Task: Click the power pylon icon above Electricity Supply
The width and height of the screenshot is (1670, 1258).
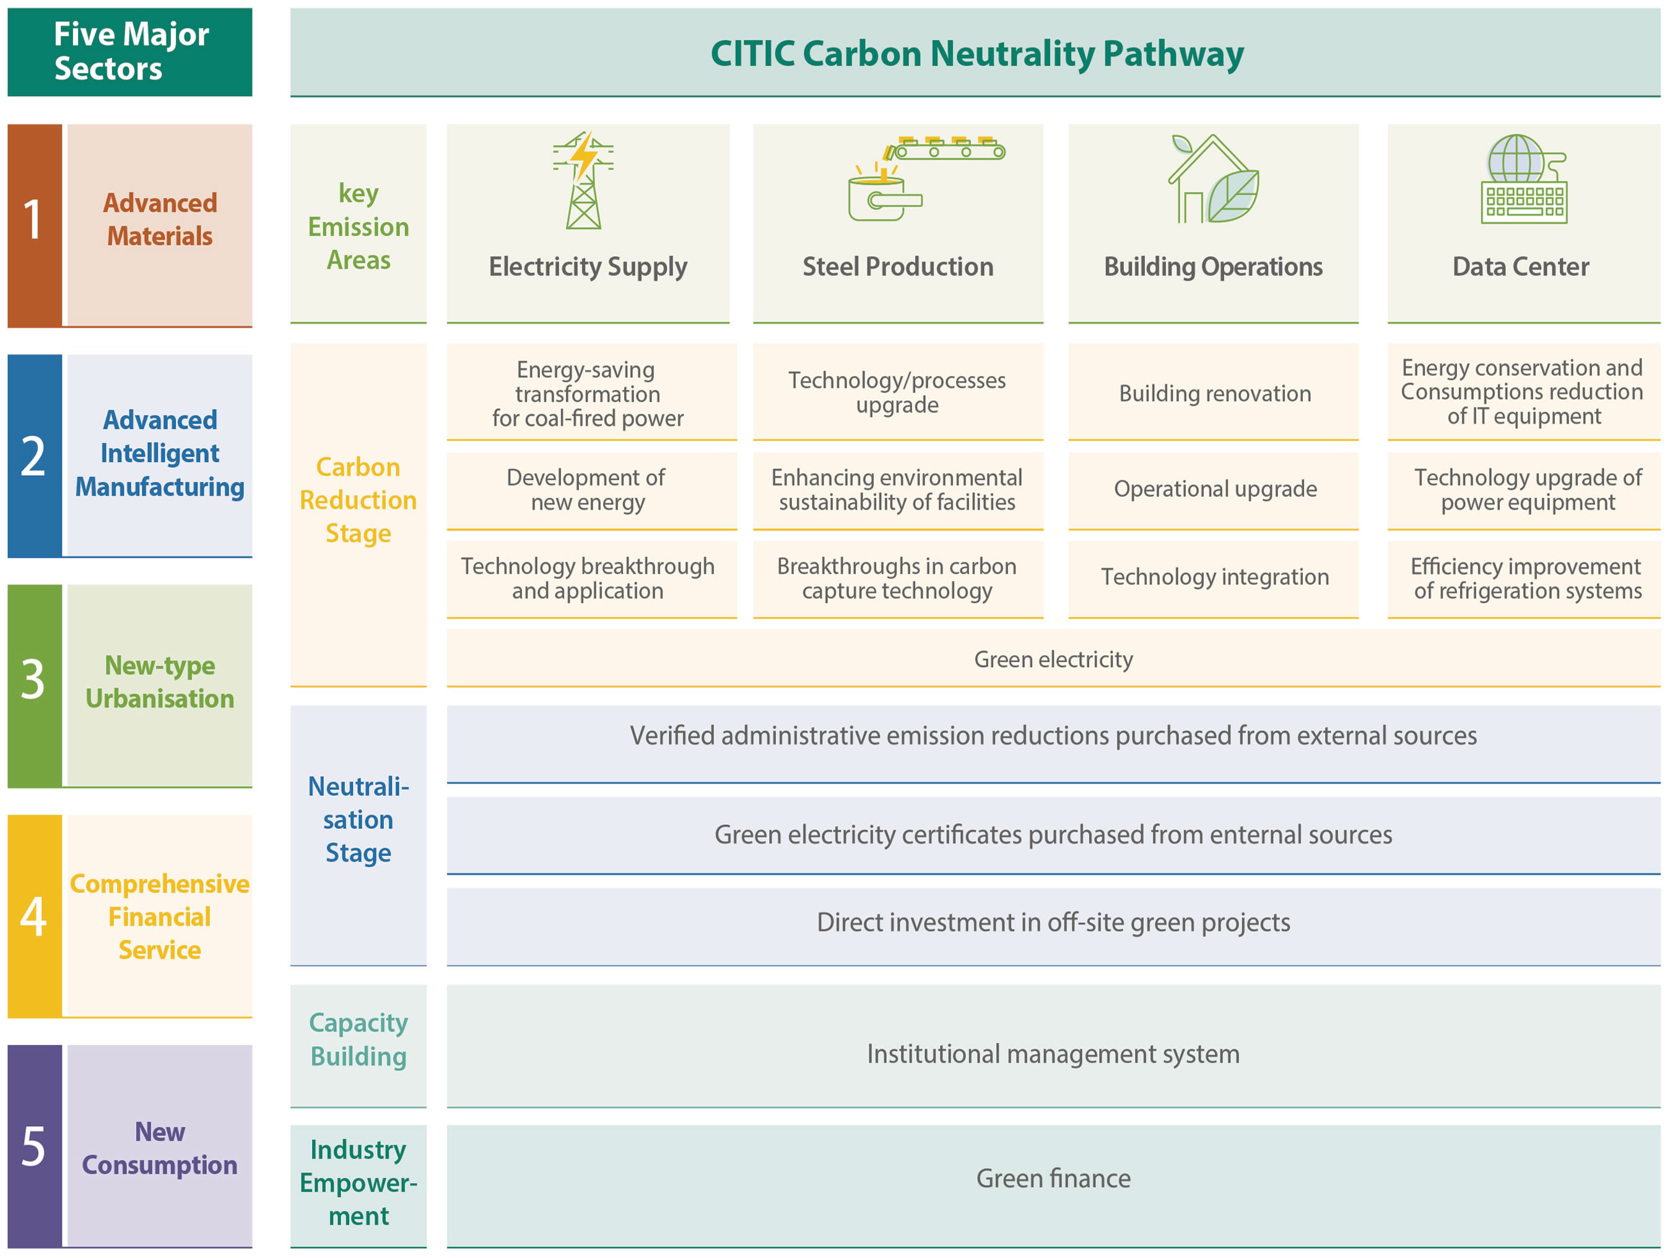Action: point(583,180)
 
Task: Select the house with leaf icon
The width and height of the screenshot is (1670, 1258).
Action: point(1213,179)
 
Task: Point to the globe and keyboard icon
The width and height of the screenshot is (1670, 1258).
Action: point(1523,179)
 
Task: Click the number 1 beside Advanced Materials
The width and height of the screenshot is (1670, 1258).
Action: point(32,220)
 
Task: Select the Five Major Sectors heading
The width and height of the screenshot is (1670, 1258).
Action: point(131,51)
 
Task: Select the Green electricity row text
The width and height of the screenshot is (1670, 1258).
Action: point(1053,659)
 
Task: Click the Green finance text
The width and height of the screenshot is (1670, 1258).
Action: point(1053,1178)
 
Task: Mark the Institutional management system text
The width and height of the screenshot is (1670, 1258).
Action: point(1053,1054)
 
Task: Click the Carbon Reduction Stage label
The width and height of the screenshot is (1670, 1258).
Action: point(359,500)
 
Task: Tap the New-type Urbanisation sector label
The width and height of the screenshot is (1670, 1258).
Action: point(160,682)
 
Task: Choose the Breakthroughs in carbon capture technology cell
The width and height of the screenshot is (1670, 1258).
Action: point(897,578)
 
